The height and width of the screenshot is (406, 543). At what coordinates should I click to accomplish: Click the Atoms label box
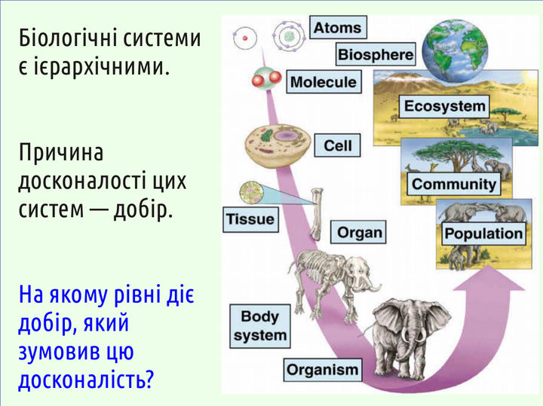pos(338,27)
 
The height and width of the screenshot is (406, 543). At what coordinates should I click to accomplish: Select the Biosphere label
pos(376,54)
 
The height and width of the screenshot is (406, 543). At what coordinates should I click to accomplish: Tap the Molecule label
pos(324,82)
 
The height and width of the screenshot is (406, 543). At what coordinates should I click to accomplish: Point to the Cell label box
pos(337,145)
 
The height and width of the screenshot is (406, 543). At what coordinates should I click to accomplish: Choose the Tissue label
pos(250,219)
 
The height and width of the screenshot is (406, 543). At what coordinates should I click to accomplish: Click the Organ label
pos(358,232)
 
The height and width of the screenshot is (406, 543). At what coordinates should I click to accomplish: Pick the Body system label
pos(259,326)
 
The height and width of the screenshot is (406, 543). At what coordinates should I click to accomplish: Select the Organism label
pos(323,370)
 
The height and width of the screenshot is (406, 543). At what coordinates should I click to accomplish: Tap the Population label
pos(483,234)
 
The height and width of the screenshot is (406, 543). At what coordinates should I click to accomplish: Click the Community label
pos(454,184)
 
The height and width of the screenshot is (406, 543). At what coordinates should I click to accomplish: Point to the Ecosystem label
pos(445,106)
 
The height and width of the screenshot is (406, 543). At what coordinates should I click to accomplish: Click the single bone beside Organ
pos(316,214)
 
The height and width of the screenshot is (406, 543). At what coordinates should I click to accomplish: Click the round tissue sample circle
pos(251,193)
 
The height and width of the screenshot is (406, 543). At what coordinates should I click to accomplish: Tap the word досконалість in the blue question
pos(85,380)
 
